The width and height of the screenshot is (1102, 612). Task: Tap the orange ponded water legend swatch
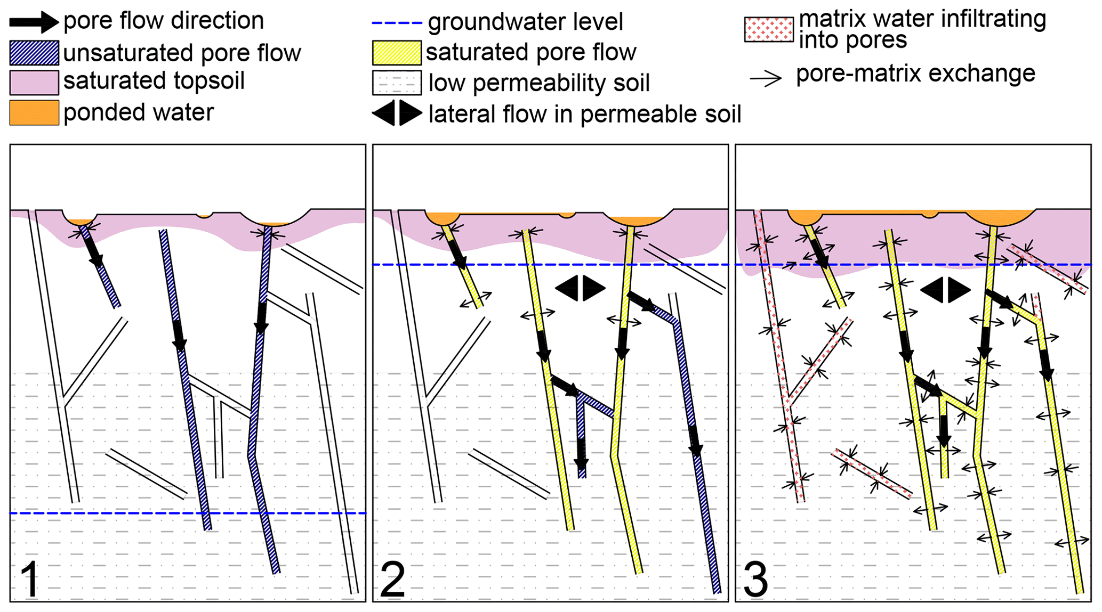click(34, 112)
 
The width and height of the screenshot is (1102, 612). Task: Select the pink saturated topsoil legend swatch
click(34, 83)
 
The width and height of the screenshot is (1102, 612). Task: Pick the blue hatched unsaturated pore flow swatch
click(34, 53)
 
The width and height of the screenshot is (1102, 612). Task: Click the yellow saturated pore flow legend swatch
click(397, 53)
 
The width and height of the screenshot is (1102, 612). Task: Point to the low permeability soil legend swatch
click(397, 83)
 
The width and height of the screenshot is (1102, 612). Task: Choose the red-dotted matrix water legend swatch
click(769, 29)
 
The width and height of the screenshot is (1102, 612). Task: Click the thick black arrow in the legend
click(34, 22)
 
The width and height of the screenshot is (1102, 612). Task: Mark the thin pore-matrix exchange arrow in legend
click(766, 78)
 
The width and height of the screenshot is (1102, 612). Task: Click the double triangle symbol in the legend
click(397, 113)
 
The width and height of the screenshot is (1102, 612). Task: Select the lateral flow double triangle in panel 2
click(580, 288)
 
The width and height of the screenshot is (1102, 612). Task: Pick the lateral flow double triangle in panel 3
click(945, 290)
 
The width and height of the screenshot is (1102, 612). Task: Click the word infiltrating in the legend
click(992, 19)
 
